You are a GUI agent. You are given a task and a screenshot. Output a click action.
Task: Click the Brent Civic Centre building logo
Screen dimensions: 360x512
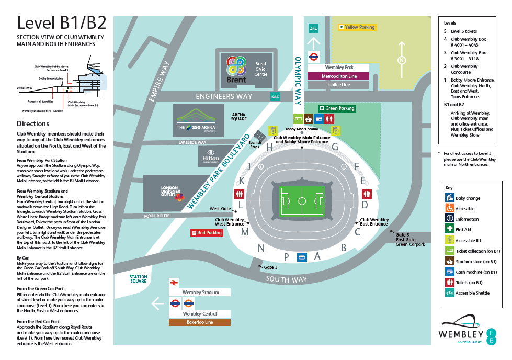click(x=236, y=70)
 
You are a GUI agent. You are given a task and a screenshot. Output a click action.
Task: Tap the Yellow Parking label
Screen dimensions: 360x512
click(x=357, y=27)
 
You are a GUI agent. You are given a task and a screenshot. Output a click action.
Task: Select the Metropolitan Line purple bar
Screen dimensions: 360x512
click(x=338, y=76)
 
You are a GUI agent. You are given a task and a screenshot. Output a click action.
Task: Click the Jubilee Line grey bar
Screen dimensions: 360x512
click(x=338, y=85)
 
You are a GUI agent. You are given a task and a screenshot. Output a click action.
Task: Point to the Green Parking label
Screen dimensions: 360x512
click(x=337, y=108)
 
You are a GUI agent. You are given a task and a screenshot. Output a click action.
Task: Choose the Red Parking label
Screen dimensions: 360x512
click(x=207, y=233)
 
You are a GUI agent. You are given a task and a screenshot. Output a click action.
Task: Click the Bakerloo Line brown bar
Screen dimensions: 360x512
click(x=199, y=322)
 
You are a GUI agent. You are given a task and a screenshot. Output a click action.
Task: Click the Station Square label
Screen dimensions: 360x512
click(x=138, y=279)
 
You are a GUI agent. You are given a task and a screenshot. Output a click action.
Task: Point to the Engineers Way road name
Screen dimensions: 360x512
click(x=223, y=96)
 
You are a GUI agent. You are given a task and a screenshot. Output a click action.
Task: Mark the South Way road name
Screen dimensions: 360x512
click(x=286, y=280)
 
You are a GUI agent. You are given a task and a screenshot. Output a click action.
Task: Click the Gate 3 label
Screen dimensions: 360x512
click(x=270, y=267)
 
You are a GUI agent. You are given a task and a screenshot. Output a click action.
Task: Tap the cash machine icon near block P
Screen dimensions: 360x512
click(x=302, y=257)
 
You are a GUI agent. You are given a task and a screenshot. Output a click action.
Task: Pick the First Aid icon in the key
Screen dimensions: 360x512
click(x=449, y=229)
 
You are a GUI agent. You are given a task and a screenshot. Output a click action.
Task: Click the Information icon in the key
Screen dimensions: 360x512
click(x=449, y=219)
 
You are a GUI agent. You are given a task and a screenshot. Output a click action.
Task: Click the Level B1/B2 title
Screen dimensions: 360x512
click(x=62, y=22)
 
